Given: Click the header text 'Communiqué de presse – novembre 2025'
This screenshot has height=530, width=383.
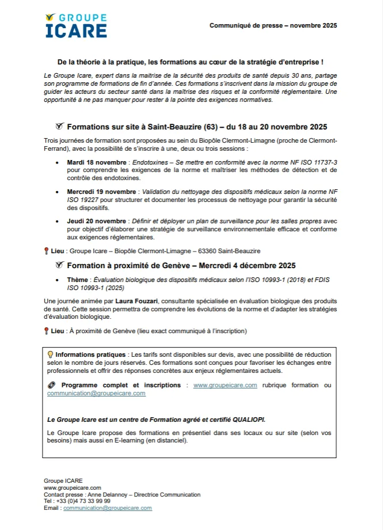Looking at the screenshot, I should click(x=273, y=25).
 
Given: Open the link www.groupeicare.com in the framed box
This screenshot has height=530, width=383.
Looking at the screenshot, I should click(x=225, y=385).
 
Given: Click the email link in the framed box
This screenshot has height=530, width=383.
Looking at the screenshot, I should click(x=96, y=393).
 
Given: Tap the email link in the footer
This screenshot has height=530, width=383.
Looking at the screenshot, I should click(x=108, y=508).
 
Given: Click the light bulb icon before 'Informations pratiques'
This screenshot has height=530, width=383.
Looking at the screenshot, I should click(x=50, y=353).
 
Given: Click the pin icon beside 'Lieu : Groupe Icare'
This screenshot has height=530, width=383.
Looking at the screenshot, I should click(x=46, y=251).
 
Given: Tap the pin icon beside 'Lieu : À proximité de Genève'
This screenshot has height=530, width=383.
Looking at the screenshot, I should click(x=46, y=331).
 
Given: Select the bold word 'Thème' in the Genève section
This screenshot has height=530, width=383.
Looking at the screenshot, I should click(x=78, y=279).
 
